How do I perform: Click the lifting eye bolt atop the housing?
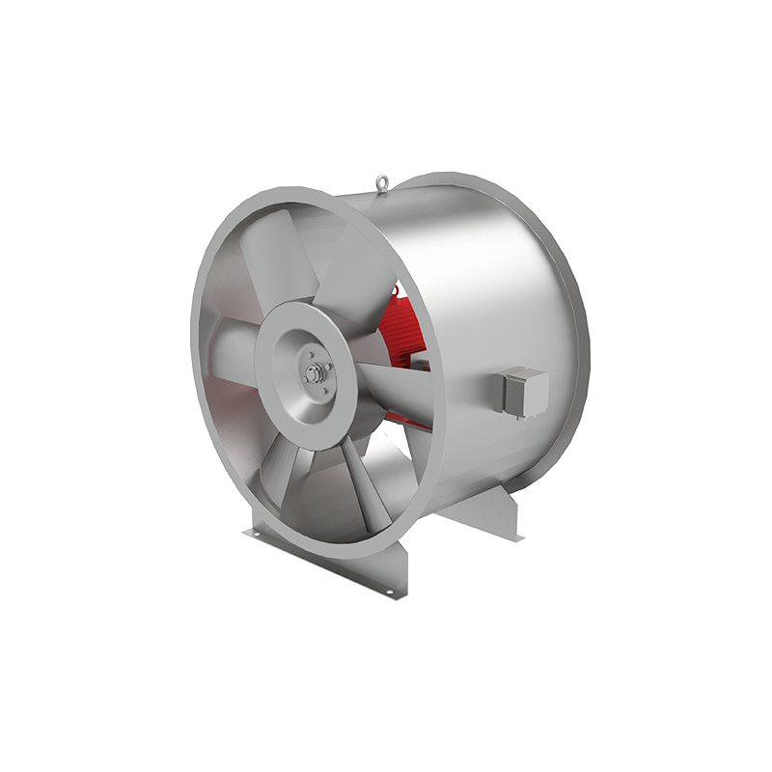(384, 180)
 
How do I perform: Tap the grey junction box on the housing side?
(522, 390)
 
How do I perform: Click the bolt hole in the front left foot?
(254, 535)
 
